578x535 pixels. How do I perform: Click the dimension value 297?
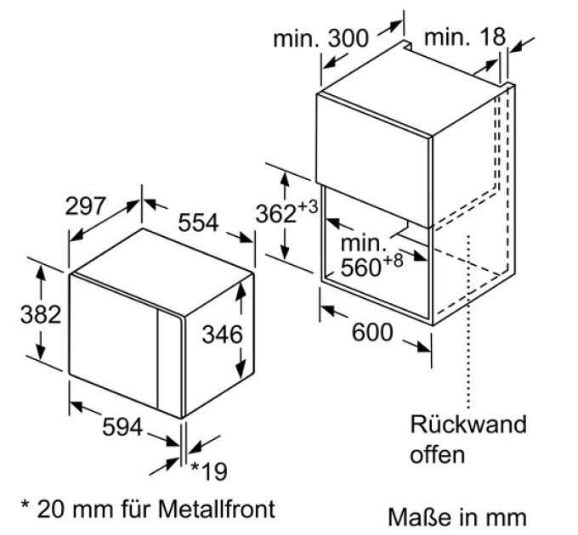pos(86,206)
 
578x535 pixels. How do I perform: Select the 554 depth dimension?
pos(198,222)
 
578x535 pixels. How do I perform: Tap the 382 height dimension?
pos(41,314)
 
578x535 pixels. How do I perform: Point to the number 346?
pos(223,335)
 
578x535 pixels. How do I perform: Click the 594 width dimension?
pos(122,427)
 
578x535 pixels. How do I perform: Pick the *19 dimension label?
pos(209,471)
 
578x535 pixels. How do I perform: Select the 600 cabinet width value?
pos(372,332)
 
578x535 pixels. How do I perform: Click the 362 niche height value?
pos(276,214)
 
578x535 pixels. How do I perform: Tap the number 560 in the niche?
pos(360,267)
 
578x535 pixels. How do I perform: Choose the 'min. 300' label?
pos(320,38)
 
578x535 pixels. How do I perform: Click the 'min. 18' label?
pos(465,37)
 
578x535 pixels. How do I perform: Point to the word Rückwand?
pos(468,424)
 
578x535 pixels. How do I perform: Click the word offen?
pos(438,454)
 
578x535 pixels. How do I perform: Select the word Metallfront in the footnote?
pos(217,509)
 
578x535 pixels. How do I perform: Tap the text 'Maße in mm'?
pos(457,517)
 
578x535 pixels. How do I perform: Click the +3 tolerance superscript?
pos(308,207)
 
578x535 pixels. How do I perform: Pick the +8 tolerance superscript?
pos(393,261)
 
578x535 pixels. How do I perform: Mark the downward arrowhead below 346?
pos(241,369)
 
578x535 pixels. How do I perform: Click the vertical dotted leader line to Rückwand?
pos(468,322)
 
